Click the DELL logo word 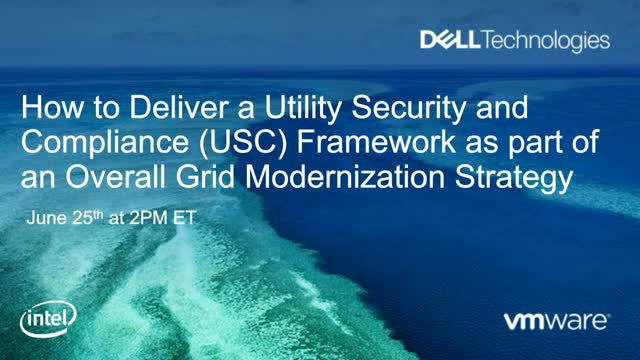pyautogui.click(x=450, y=41)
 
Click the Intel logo pyautogui.click(x=40, y=323)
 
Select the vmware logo pyautogui.click(x=555, y=322)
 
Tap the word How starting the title pyautogui.click(x=50, y=106)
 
